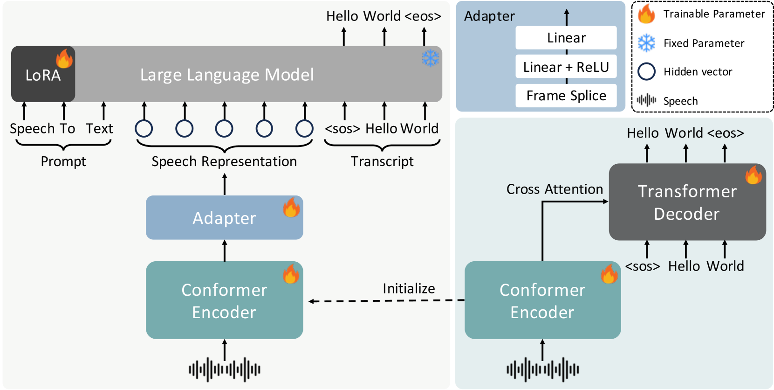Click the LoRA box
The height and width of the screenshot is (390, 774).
tap(43, 74)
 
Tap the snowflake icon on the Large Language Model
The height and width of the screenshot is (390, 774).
tap(431, 58)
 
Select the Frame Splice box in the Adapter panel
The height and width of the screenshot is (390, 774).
tap(566, 96)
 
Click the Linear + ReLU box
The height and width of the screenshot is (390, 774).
tap(566, 66)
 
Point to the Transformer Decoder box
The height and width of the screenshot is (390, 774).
tap(687, 202)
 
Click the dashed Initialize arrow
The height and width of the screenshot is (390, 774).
tap(386, 301)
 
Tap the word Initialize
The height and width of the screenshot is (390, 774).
tap(409, 288)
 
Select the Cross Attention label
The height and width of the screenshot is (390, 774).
tap(555, 189)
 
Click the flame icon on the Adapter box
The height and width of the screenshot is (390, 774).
tap(291, 207)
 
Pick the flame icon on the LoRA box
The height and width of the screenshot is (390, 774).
tap(64, 58)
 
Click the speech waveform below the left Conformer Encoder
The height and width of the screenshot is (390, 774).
tap(225, 369)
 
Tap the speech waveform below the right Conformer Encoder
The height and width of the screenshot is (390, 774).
tap(542, 369)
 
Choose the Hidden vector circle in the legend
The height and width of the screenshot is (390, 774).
tap(646, 72)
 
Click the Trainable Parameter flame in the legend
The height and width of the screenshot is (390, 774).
tap(646, 14)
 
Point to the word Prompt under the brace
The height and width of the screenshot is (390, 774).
tap(63, 161)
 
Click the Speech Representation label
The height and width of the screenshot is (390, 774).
tap(224, 161)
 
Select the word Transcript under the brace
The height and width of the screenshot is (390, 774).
tap(382, 161)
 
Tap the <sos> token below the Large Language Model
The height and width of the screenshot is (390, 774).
tap(342, 129)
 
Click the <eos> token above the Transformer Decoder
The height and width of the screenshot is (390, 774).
tap(726, 133)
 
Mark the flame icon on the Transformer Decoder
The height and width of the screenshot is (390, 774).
tap(753, 175)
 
